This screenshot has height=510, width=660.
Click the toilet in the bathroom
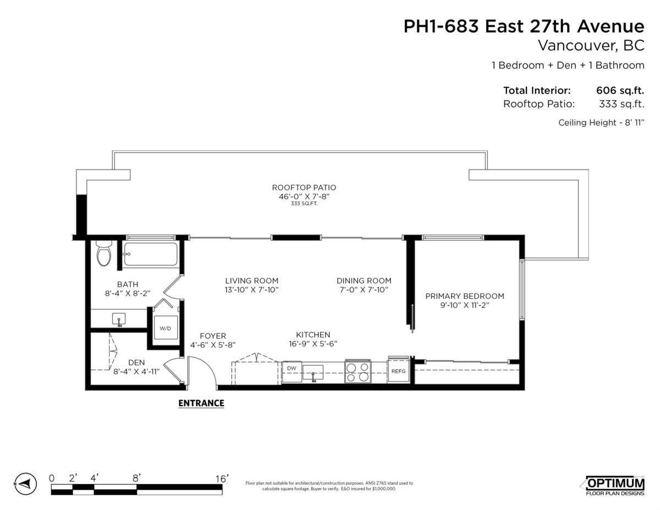click(x=104, y=253)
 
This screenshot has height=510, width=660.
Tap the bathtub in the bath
click(x=150, y=254)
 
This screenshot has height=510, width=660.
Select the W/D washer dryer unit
click(x=166, y=327)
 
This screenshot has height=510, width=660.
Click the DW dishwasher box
click(x=291, y=372)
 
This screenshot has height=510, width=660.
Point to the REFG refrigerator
click(x=398, y=371)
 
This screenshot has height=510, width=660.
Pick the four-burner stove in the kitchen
click(x=358, y=372)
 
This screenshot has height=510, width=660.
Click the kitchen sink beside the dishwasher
click(x=313, y=372)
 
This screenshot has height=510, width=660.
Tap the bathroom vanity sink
click(x=119, y=319)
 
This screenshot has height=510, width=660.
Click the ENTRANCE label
click(x=201, y=403)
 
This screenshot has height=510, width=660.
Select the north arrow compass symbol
click(x=26, y=484)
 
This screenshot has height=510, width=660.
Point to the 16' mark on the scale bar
click(x=222, y=479)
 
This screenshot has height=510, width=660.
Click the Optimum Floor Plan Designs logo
click(x=615, y=486)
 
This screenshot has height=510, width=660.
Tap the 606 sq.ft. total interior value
click(x=620, y=90)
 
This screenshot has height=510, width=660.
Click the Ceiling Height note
click(x=601, y=123)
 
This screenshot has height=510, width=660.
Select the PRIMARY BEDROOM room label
click(x=465, y=296)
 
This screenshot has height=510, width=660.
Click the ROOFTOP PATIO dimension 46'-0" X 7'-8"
click(x=304, y=196)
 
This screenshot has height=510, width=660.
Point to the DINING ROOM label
click(x=364, y=281)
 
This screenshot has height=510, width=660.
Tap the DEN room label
click(x=136, y=363)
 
